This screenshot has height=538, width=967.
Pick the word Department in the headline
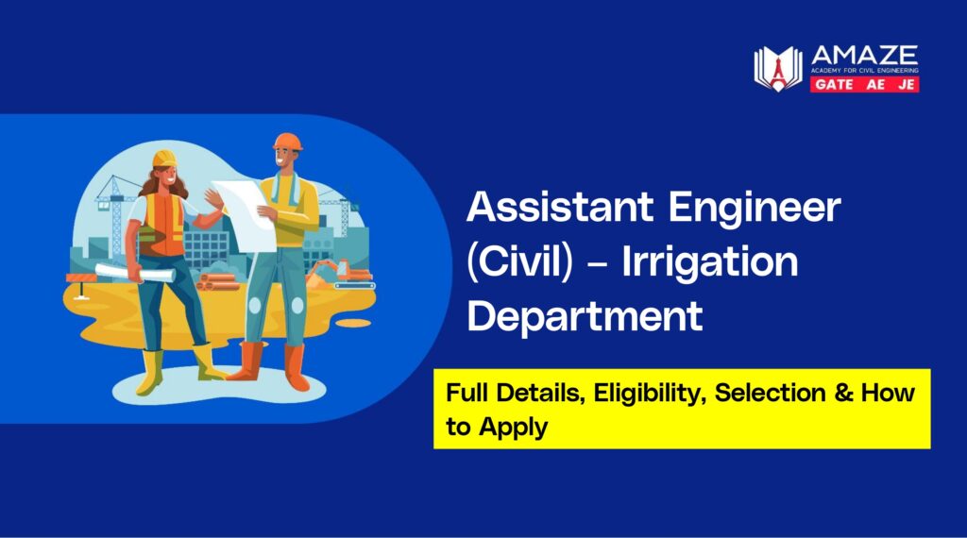585,316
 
